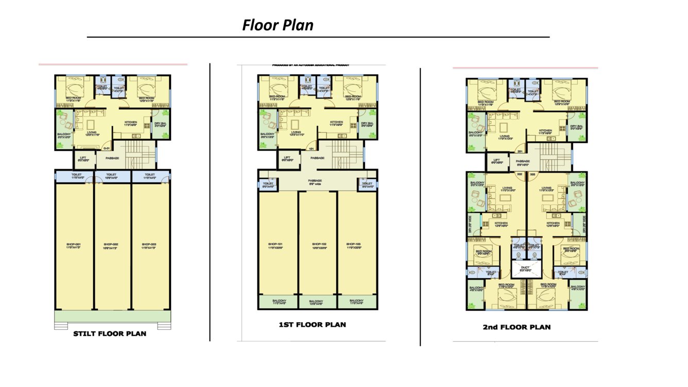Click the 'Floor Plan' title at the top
[278, 25]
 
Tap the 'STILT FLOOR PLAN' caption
[110, 333]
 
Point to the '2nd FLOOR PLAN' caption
[517, 327]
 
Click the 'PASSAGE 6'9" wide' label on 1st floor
[315, 182]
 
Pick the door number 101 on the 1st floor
[311, 150]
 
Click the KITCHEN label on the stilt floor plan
[131, 123]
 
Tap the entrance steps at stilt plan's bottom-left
[61, 326]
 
